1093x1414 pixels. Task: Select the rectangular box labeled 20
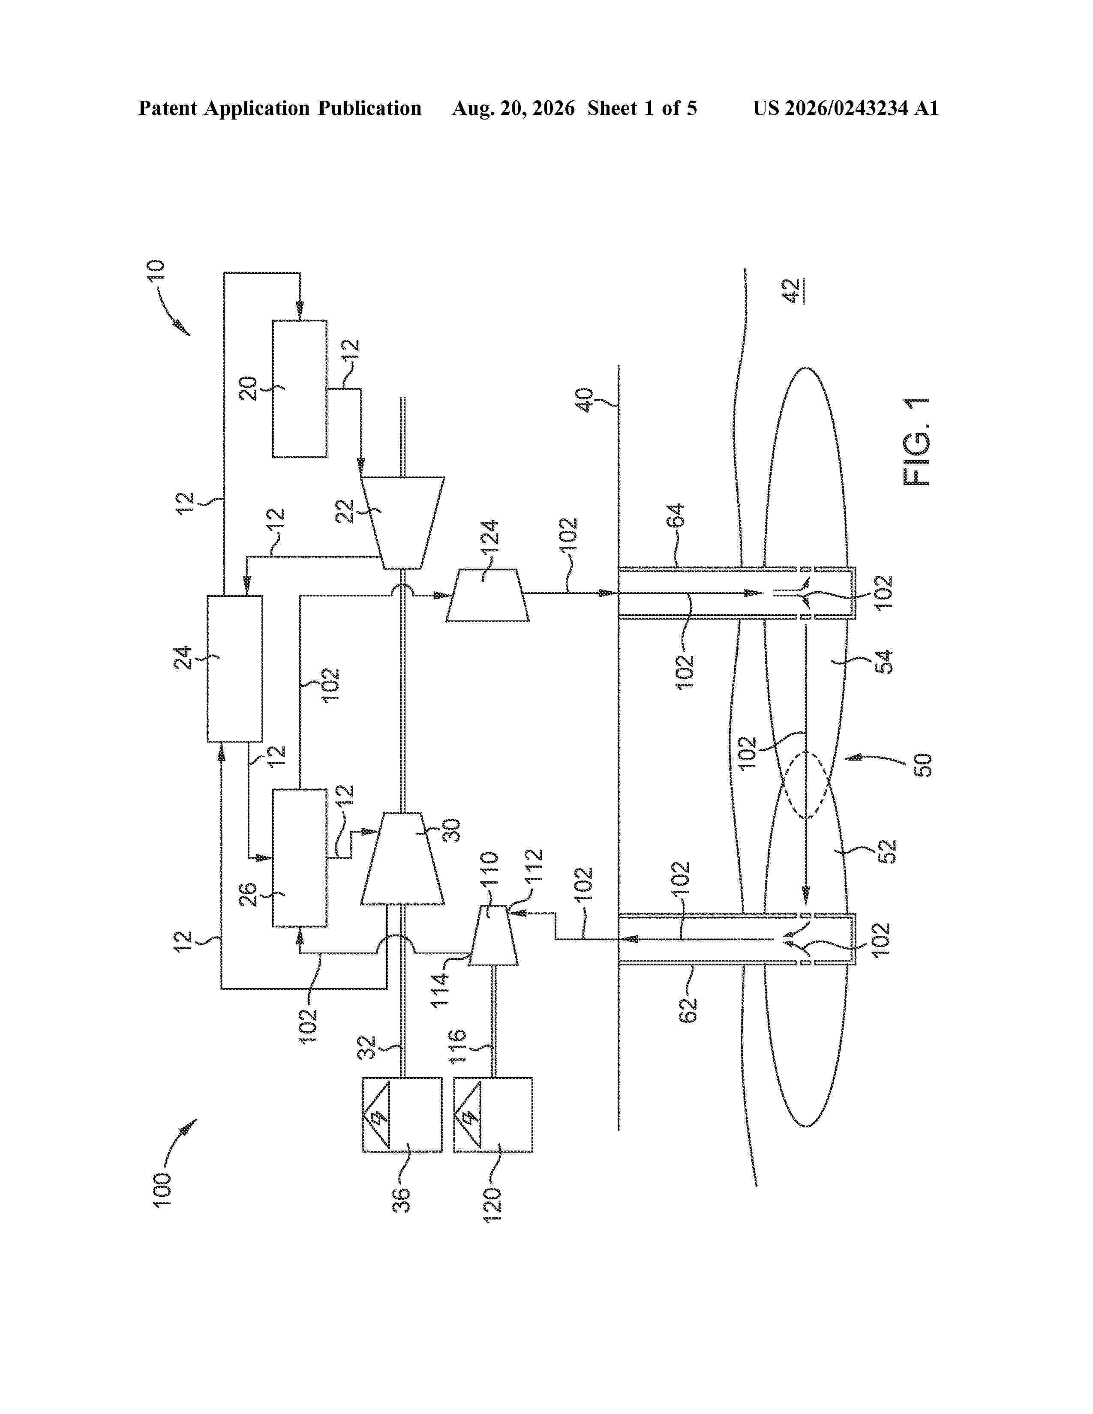pos(299,389)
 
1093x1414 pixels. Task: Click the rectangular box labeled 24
pos(234,668)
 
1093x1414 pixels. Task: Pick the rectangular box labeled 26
pos(299,858)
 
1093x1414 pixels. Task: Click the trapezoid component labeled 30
pos(402,859)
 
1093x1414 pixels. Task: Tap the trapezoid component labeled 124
pos(487,596)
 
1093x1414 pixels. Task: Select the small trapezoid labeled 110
pos(493,935)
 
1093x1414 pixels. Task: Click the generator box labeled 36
pos(402,1114)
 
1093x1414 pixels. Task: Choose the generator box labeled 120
pos(493,1114)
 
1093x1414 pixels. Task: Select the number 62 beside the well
pos(689,1009)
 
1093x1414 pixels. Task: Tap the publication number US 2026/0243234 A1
pos(846,108)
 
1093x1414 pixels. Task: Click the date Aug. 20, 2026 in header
pos(513,108)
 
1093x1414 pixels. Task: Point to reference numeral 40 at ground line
pos(585,401)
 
